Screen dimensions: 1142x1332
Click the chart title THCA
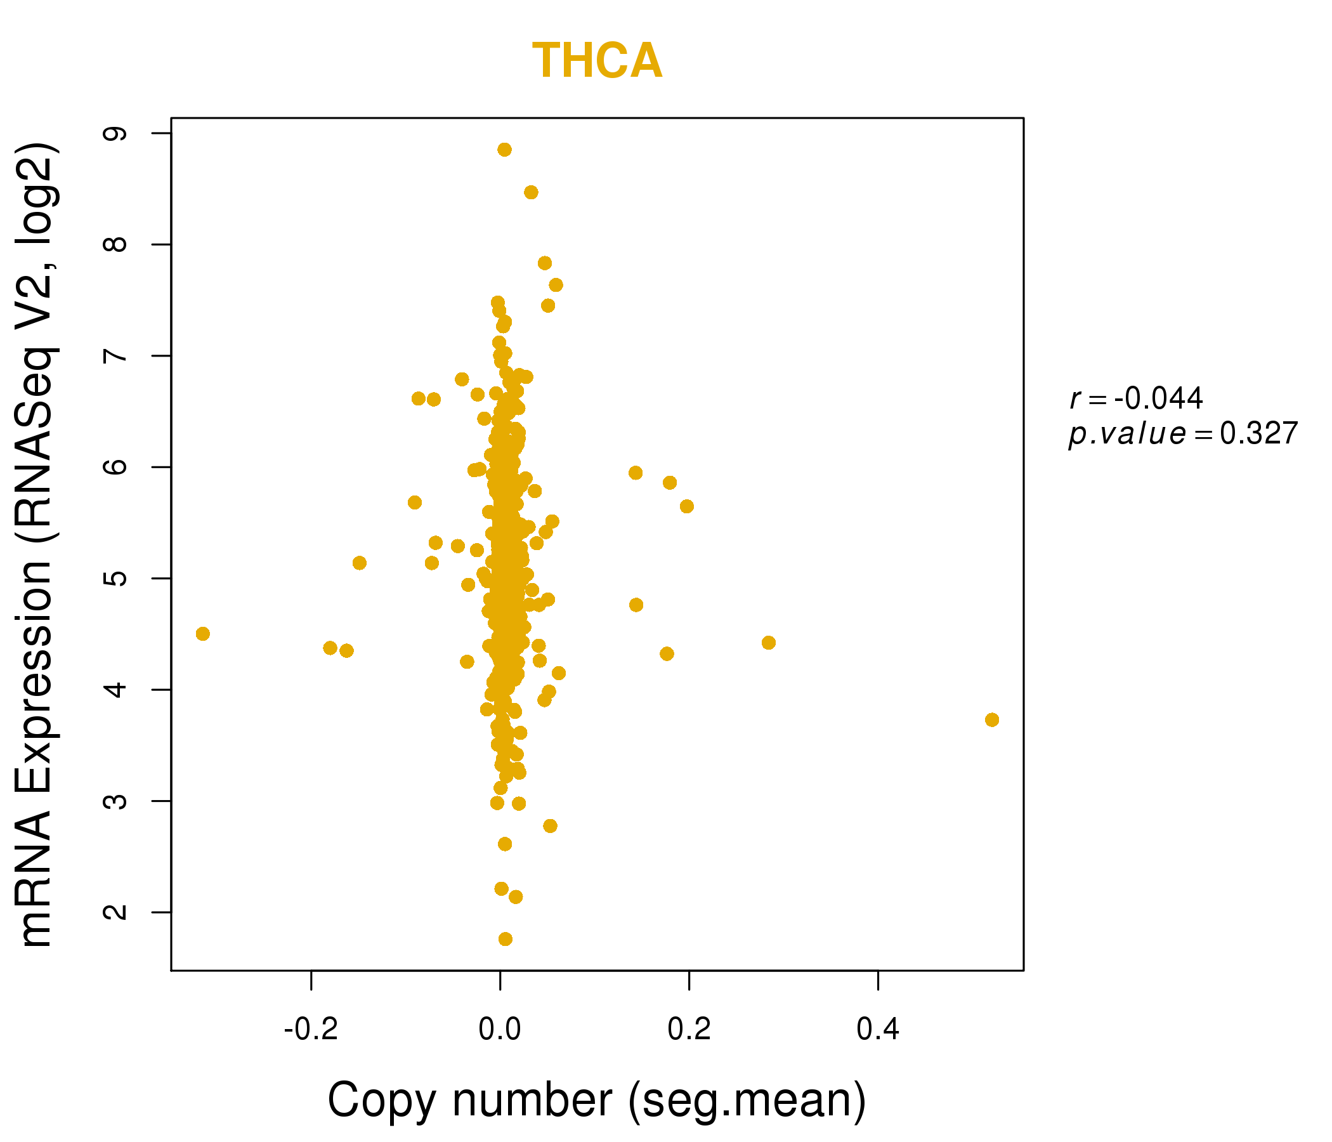click(x=597, y=62)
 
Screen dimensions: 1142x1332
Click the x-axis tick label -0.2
click(x=311, y=1030)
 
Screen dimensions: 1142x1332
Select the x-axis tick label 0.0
click(x=500, y=1030)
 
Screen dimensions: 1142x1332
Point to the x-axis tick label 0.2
click(x=688, y=1030)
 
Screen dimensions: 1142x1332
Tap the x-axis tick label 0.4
click(x=877, y=1030)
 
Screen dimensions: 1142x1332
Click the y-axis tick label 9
click(x=116, y=133)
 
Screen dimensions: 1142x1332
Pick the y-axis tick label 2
click(x=116, y=912)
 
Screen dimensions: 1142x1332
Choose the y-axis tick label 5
click(x=116, y=578)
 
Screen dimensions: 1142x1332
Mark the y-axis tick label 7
click(x=116, y=355)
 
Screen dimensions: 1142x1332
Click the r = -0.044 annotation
click(x=1136, y=398)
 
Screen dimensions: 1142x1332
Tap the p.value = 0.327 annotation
click(x=1183, y=433)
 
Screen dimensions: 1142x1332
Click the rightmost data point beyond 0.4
click(x=992, y=719)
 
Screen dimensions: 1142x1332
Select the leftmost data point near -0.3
click(x=202, y=634)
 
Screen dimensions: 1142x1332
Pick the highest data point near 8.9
click(x=505, y=150)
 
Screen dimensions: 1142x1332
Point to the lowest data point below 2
click(x=506, y=939)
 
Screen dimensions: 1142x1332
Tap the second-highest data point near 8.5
click(x=531, y=192)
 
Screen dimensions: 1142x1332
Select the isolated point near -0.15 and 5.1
click(x=360, y=563)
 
